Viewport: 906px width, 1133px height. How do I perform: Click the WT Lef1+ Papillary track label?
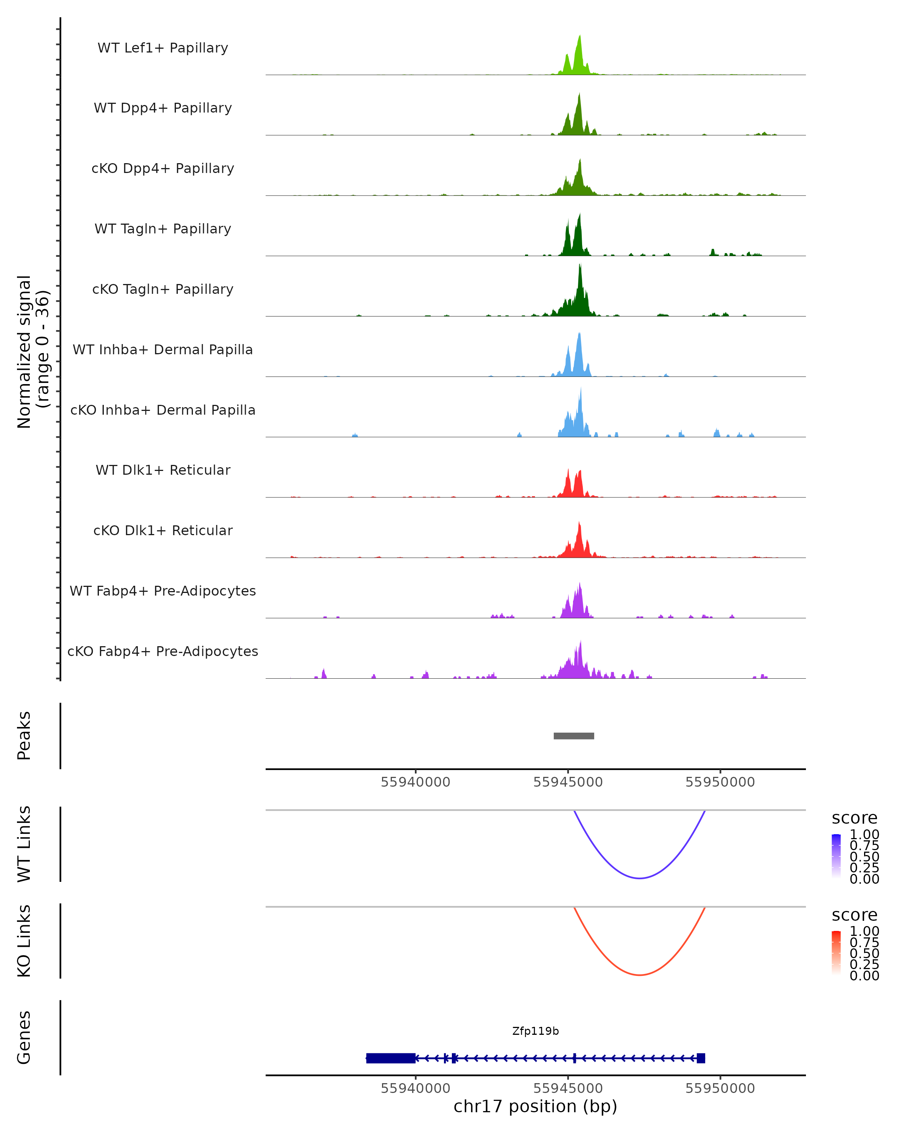tap(163, 48)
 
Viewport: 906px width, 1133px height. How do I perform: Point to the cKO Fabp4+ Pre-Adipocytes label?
tap(163, 651)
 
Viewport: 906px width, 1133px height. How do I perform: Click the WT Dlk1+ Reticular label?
tap(163, 470)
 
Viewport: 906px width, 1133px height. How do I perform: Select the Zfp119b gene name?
tap(535, 1031)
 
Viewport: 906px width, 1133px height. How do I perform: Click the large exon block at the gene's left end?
tap(390, 1058)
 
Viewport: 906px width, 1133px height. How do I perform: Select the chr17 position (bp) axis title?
tap(535, 1106)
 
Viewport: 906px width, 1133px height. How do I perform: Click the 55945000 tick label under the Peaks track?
tap(568, 782)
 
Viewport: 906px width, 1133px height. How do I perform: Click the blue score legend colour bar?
tap(836, 855)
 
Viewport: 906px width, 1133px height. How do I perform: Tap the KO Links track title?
tap(24, 941)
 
